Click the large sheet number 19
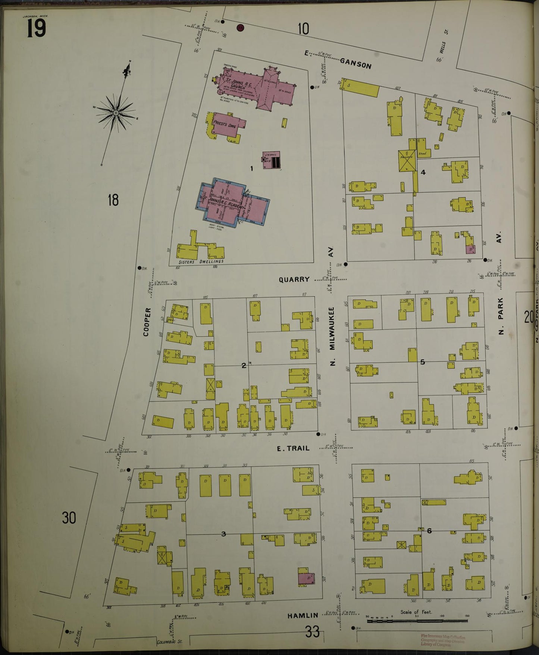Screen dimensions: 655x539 click(36, 29)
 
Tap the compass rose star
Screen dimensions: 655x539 click(116, 112)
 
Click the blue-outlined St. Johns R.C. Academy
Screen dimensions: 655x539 click(233, 203)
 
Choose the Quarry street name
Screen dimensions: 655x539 click(294, 279)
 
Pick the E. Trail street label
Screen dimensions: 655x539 click(293, 448)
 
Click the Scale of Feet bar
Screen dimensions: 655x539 click(417, 621)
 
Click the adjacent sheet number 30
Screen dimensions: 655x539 click(69, 518)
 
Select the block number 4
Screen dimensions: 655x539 click(423, 172)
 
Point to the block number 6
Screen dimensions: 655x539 click(429, 530)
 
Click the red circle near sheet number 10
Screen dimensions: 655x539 click(241, 27)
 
